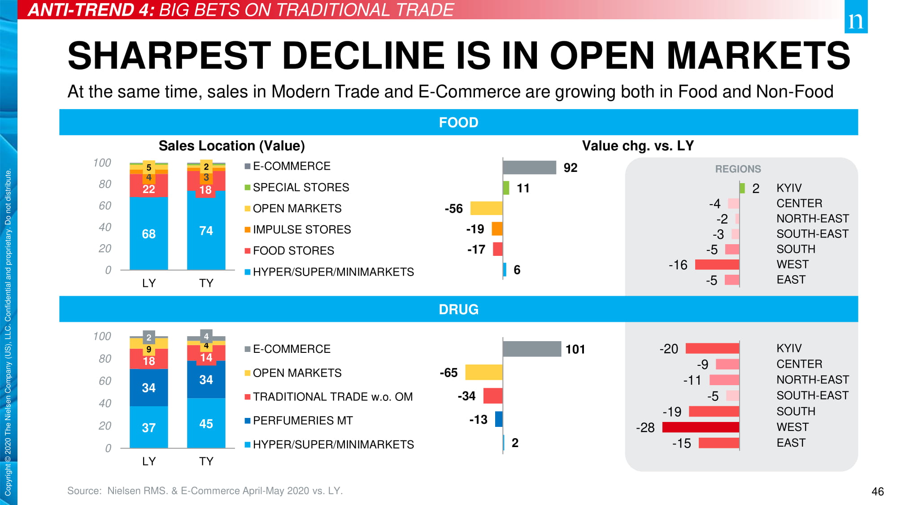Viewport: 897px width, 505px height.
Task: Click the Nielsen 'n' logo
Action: click(856, 18)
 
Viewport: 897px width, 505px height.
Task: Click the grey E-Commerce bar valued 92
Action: click(529, 167)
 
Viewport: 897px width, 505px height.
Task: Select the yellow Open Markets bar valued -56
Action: click(486, 208)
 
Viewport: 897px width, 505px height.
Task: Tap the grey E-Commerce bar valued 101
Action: click(531, 349)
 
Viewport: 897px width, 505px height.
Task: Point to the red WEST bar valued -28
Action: click(701, 427)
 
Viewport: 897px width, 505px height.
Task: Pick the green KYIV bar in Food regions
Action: click(742, 188)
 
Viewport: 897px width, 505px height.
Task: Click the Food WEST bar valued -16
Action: click(717, 264)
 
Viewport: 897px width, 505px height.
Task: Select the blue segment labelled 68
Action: click(148, 233)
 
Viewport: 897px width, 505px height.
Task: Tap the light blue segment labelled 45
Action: click(206, 423)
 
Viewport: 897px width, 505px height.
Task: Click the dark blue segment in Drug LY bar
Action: click(148, 387)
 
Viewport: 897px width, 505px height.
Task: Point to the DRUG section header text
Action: click(458, 309)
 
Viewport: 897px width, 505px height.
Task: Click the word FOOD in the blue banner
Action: click(458, 122)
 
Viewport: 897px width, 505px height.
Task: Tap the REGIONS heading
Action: click(738, 169)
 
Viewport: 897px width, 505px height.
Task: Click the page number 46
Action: click(877, 492)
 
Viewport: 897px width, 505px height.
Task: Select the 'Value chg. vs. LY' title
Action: click(637, 145)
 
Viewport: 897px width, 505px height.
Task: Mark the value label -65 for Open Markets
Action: click(448, 373)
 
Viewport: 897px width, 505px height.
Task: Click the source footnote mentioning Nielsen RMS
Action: click(205, 491)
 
